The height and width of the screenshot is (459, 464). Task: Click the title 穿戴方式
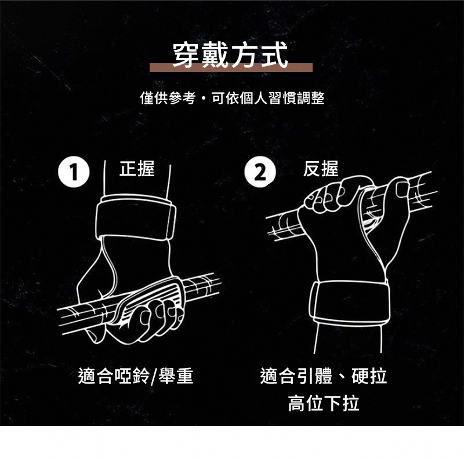[x=230, y=55]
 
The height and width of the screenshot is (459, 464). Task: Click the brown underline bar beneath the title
[x=231, y=68]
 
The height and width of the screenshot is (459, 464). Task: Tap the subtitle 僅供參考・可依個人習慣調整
[x=233, y=98]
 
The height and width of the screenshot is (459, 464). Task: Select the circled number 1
[x=74, y=172]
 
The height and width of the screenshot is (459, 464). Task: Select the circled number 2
[x=260, y=172]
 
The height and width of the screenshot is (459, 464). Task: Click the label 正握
[x=137, y=169]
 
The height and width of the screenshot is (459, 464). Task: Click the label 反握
[x=321, y=169]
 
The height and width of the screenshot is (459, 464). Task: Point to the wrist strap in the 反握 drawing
[x=349, y=302]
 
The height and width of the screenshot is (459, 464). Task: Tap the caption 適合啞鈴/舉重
[x=136, y=376]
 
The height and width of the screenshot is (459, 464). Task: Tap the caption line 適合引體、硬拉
[x=324, y=376]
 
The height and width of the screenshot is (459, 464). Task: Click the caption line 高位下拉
[x=324, y=403]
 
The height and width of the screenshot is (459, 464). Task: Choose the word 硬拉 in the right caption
[x=369, y=376]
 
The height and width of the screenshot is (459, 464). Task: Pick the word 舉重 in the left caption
[x=176, y=376]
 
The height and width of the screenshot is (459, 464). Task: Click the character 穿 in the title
[x=186, y=55]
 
